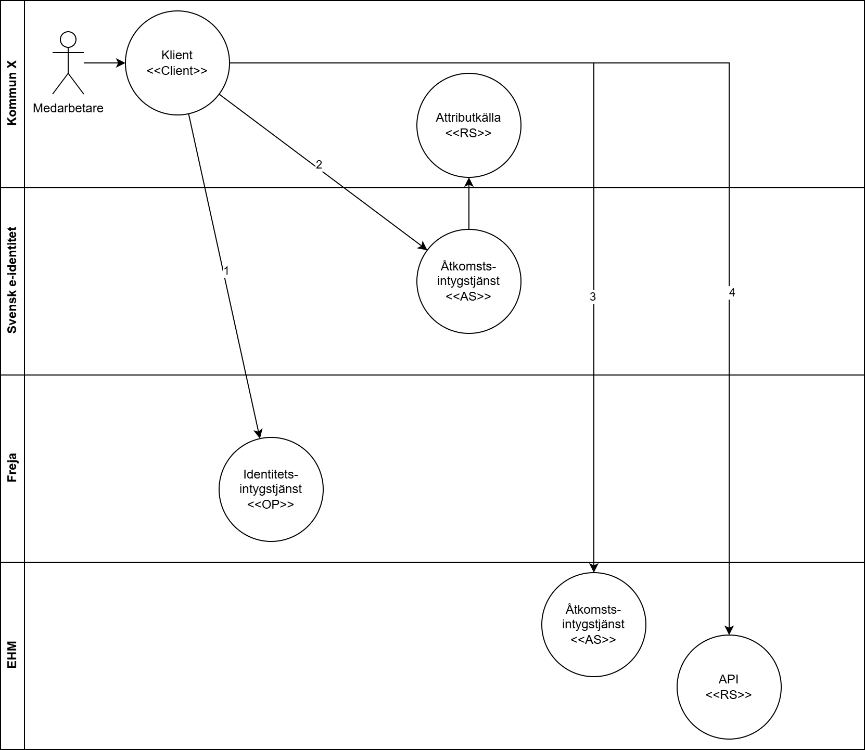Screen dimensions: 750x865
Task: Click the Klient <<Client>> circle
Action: (x=177, y=62)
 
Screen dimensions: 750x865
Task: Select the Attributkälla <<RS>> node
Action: (x=468, y=125)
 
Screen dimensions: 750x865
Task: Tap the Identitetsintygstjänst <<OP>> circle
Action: (x=271, y=489)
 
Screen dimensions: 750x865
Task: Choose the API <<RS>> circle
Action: (x=729, y=687)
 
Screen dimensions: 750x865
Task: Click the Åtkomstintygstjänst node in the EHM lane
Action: (x=593, y=624)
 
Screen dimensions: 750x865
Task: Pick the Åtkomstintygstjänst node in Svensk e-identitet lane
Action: (x=468, y=281)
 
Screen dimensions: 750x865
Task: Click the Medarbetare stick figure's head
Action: (x=68, y=39)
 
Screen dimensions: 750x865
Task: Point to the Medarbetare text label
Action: (x=68, y=108)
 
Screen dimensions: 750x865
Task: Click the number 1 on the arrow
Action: (x=226, y=271)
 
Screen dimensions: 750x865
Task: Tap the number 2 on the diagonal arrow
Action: (x=319, y=165)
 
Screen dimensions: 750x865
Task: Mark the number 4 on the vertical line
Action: (x=732, y=293)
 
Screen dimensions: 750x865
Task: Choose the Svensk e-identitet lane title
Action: (x=12, y=281)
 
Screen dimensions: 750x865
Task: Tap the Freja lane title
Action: (x=12, y=468)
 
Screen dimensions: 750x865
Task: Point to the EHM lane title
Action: (x=12, y=655)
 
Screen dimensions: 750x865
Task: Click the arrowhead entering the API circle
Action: (x=729, y=630)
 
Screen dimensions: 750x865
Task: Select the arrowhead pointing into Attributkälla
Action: (x=469, y=182)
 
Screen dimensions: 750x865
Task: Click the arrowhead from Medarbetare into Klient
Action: (x=121, y=63)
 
